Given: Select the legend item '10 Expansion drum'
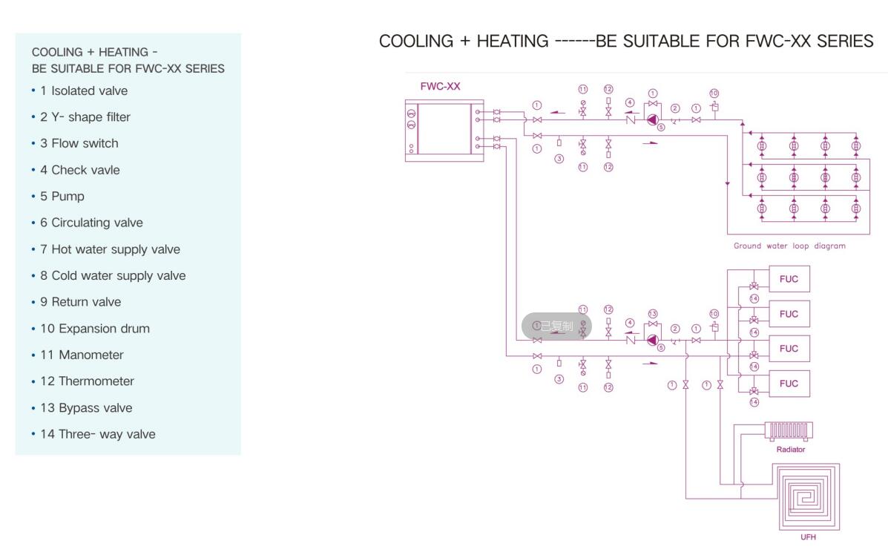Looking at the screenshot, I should tap(94, 329).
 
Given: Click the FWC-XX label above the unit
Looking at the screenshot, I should tap(440, 86).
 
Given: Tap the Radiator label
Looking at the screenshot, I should tap(790, 450).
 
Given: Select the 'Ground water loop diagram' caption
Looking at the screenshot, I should tap(789, 246).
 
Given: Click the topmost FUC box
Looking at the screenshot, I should tap(789, 279).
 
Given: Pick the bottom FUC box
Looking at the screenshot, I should tap(789, 384).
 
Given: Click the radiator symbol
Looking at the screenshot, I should tap(789, 430).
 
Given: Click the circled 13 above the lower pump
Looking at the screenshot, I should tap(653, 313).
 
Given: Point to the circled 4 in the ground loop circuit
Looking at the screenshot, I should tap(629, 102).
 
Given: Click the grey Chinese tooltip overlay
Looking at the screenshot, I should tap(556, 326).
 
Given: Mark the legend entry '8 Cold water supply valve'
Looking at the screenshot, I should tap(113, 276).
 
